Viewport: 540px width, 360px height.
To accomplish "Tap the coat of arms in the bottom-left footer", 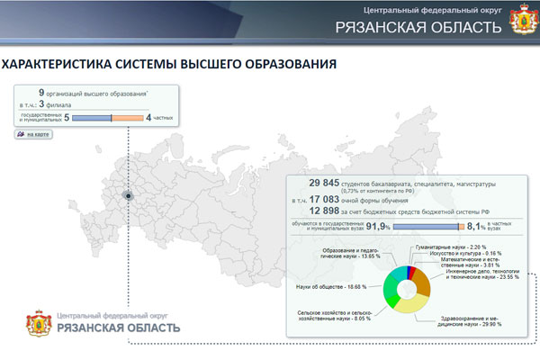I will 38,322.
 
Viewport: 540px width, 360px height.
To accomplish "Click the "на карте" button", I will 33,134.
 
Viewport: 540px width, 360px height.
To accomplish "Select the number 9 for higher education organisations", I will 41,93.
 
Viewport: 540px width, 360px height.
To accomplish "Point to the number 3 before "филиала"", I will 41,104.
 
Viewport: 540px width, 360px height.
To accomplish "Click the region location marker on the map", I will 129,194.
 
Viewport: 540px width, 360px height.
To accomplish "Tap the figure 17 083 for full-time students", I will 328,199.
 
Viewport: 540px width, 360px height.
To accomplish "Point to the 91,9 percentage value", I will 376,227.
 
